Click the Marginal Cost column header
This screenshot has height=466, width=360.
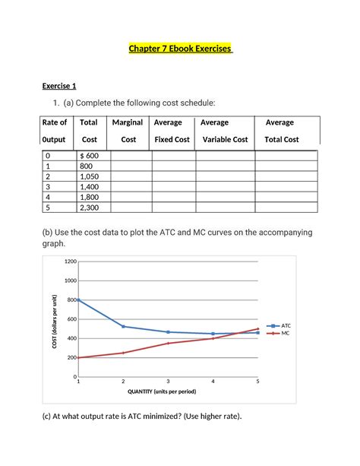[x=128, y=131]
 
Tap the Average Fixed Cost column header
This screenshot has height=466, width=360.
[x=172, y=131]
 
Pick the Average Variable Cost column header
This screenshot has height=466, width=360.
[x=224, y=131]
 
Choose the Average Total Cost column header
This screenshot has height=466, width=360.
[x=281, y=131]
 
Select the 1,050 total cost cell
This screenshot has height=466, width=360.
[x=93, y=175]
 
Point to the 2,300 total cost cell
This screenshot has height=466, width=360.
[x=93, y=206]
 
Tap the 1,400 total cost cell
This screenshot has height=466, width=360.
[x=93, y=185]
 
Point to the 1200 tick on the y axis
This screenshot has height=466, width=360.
[x=70, y=262]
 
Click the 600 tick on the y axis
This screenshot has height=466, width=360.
[x=71, y=319]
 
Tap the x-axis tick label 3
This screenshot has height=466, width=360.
[x=168, y=382]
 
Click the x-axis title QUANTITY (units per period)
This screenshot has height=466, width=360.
[x=168, y=392]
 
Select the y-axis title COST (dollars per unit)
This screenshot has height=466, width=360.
[x=55, y=319]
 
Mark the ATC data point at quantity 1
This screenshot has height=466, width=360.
[x=78, y=300]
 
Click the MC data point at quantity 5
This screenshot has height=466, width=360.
[x=257, y=329]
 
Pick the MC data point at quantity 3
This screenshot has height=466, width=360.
[x=168, y=344]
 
